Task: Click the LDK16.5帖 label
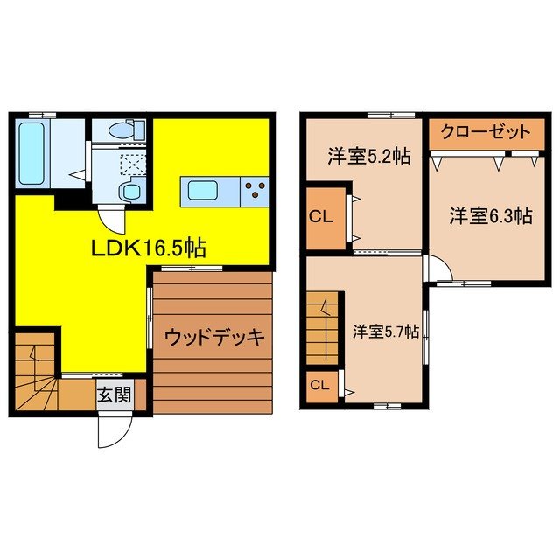tap(149, 248)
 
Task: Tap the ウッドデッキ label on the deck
tap(213, 336)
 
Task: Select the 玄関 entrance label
tap(114, 395)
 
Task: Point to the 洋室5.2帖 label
tap(357, 157)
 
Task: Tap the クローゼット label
tap(484, 133)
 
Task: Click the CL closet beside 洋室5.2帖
tap(323, 215)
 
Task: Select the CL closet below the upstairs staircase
tap(319, 385)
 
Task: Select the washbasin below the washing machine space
tap(131, 191)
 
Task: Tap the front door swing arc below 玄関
tap(114, 430)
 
